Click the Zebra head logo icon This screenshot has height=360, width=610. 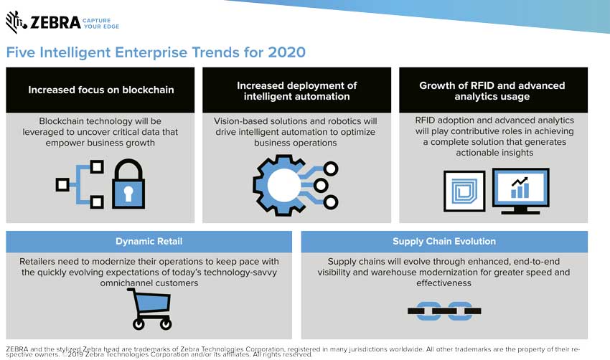coord(16,22)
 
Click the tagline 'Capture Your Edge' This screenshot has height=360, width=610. coord(100,24)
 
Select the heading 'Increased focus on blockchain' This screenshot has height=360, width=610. coord(100,90)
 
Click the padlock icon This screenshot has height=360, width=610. coord(128,184)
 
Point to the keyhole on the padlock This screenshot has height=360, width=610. coord(128,193)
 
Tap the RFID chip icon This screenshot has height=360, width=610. coord(464,191)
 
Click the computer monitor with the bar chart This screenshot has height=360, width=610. coord(520,191)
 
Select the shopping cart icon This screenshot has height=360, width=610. coord(150,309)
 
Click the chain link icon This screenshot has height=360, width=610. coord(444,311)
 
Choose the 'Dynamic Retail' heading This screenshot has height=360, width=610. coord(149,242)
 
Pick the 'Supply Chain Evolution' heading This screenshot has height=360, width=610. coord(444,242)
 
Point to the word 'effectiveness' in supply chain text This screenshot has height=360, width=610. coord(444,283)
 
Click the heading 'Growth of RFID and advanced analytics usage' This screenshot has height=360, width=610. coord(492,91)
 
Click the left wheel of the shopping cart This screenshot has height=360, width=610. coord(139,324)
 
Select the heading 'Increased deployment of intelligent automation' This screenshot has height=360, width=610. coord(297,91)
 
